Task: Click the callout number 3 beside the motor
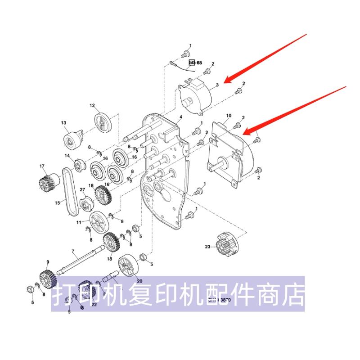pyautogui.click(x=217, y=85)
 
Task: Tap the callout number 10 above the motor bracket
pyautogui.click(x=229, y=116)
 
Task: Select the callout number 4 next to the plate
pyautogui.click(x=180, y=117)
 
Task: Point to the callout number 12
pyautogui.click(x=92, y=106)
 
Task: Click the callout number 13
pyautogui.click(x=63, y=123)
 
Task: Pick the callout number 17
pyautogui.click(x=42, y=166)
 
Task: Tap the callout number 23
pyautogui.click(x=207, y=246)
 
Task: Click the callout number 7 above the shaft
pyautogui.click(x=73, y=250)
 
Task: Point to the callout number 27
pyautogui.click(x=82, y=190)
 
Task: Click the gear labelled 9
pyautogui.click(x=47, y=278)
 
